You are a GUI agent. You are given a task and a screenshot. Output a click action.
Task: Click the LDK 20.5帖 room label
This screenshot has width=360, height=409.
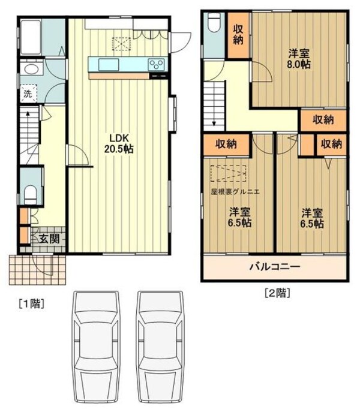click(x=120, y=144)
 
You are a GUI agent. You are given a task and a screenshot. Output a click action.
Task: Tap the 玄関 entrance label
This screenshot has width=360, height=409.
click(x=49, y=237)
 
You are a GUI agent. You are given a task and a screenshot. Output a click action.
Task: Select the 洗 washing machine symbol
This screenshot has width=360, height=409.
click(x=28, y=93)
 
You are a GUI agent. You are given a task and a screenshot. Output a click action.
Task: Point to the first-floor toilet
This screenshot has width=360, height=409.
click(x=32, y=193)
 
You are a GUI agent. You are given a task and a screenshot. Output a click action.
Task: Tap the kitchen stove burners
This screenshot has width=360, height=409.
click(x=157, y=64)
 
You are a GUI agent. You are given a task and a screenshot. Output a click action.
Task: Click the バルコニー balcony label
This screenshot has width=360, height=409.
click(x=275, y=267)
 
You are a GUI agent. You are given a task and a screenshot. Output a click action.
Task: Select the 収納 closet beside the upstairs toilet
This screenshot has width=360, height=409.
click(x=238, y=34)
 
